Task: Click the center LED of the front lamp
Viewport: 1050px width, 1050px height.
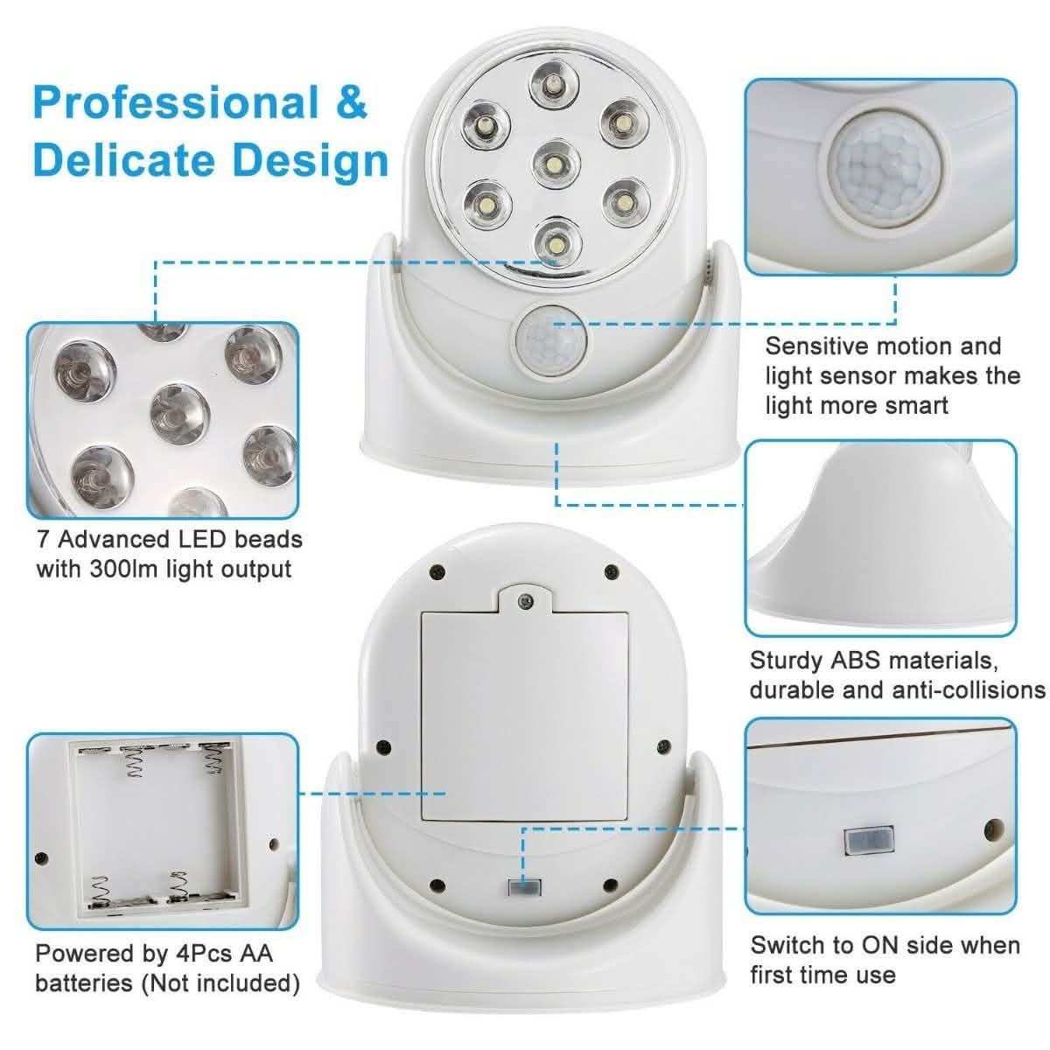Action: pos(554,164)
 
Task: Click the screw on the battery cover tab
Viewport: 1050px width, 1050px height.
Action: pos(524,602)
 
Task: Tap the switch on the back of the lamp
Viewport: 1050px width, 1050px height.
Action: pos(522,887)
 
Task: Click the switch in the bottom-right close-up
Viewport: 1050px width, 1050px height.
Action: pos(867,842)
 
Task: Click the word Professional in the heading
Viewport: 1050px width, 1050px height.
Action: pos(175,102)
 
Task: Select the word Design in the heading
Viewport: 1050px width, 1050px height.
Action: pos(310,161)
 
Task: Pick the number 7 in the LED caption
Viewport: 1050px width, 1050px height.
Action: pos(43,539)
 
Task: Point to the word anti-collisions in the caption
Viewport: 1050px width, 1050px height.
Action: pos(968,689)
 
